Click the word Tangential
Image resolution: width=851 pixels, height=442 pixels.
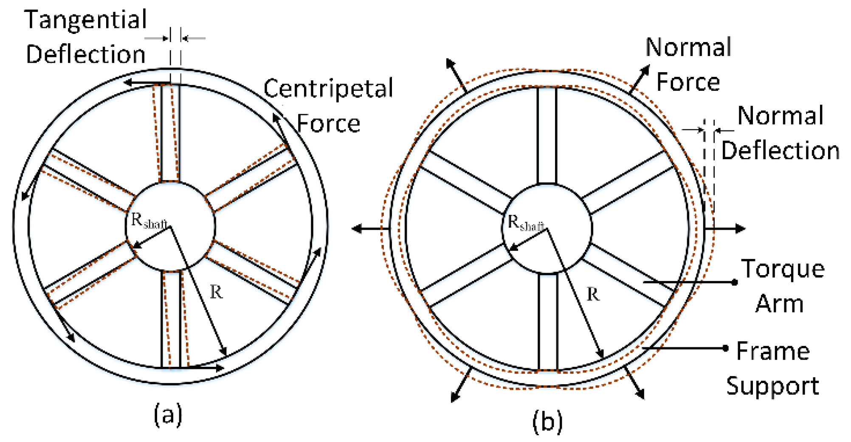86,20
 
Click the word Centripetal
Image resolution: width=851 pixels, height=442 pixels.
328,89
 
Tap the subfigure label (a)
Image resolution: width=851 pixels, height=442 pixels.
168,415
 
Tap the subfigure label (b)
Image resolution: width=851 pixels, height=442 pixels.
547,421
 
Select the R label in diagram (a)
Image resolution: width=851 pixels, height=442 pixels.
216,292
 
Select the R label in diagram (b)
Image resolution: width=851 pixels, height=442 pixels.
593,294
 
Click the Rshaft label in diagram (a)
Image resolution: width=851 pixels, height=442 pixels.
149,221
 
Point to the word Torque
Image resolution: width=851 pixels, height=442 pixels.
783,269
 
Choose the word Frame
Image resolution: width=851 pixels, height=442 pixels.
773,351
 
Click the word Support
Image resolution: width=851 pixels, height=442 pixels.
772,386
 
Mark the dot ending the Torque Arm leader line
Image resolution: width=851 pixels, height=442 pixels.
735,282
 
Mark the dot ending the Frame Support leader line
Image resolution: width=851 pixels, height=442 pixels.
726,348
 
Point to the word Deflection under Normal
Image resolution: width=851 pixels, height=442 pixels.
781,151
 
